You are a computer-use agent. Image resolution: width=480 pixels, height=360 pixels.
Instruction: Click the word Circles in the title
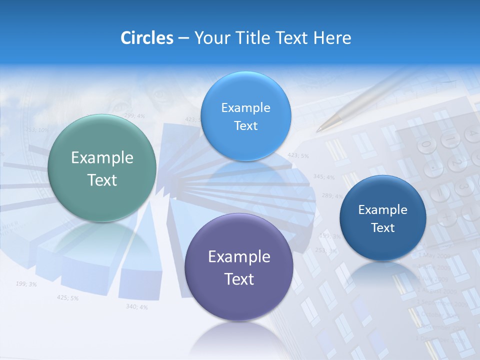click(x=147, y=38)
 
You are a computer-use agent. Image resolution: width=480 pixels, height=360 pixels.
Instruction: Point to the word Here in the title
click(x=332, y=38)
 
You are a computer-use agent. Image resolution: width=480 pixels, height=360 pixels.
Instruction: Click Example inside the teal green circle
click(x=102, y=158)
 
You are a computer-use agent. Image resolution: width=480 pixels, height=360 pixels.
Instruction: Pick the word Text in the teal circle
click(x=102, y=180)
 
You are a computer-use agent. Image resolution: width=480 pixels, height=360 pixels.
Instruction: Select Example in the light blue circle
click(x=245, y=108)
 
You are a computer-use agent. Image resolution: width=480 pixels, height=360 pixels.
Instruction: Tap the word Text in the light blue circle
click(x=245, y=126)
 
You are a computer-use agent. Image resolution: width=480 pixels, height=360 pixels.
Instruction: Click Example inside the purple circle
click(x=239, y=257)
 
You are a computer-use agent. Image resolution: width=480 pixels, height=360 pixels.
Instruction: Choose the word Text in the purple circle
click(x=239, y=279)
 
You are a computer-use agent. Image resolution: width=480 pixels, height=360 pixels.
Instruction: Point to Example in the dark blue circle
click(x=382, y=210)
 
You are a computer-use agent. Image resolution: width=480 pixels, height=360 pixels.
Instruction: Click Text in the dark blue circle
click(x=382, y=228)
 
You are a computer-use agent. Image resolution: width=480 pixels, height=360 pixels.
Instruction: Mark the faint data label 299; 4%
click(x=134, y=116)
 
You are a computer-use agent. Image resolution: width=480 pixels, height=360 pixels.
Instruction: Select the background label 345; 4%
click(x=323, y=176)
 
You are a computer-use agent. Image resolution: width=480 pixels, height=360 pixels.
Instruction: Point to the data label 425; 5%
click(x=67, y=298)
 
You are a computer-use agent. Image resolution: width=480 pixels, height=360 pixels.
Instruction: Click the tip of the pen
click(x=318, y=130)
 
